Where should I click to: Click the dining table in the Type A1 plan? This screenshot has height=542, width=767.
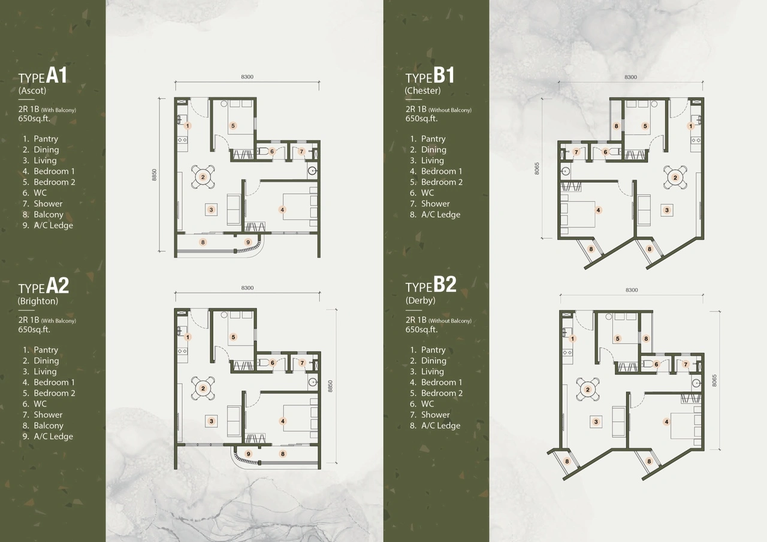(203, 177)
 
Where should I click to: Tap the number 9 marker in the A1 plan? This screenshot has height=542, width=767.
(248, 242)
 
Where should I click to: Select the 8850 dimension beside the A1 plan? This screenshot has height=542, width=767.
(154, 175)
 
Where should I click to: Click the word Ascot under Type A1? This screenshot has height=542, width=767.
(32, 91)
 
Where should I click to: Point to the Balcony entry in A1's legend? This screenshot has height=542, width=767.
(48, 214)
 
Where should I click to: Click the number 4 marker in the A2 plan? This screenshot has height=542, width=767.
(283, 421)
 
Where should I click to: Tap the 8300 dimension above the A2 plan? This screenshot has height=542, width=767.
(247, 288)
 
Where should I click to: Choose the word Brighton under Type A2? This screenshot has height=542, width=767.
(38, 301)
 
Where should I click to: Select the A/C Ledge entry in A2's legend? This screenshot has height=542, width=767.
(53, 437)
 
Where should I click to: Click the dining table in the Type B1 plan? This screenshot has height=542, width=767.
(675, 177)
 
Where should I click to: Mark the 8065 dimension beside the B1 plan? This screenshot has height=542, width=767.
(537, 168)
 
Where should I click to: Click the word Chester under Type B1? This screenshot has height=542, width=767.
(422, 91)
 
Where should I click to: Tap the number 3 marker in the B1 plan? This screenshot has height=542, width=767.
(666, 210)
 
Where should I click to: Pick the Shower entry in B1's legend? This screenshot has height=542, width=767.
(435, 204)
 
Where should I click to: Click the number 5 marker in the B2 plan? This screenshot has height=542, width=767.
(618, 338)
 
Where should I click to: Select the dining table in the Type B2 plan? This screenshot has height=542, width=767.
(587, 390)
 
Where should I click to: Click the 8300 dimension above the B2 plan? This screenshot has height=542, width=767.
(632, 290)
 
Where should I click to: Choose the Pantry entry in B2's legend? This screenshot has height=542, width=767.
(433, 350)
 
